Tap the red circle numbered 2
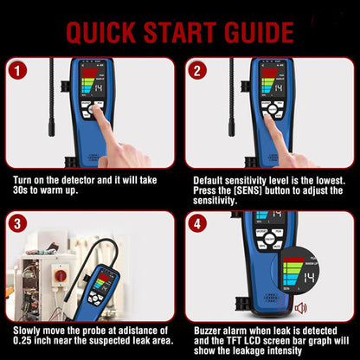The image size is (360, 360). click(x=197, y=71)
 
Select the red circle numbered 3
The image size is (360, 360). click(x=17, y=223)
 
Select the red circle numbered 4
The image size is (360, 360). click(x=197, y=223)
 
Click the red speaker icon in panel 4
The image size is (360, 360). click(x=300, y=307)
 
